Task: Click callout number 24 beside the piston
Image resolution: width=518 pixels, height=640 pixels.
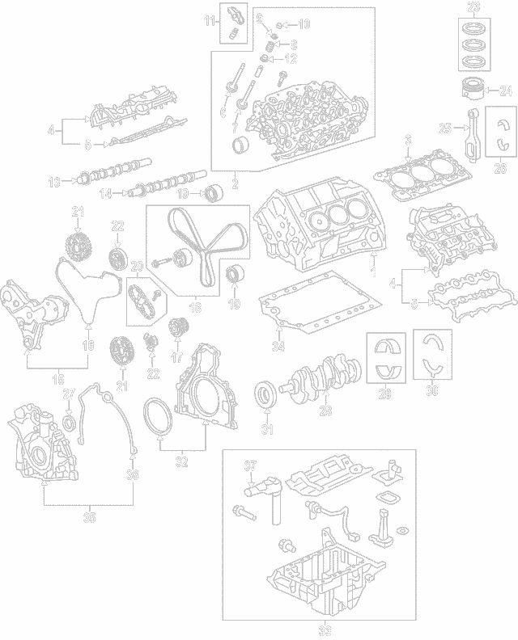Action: point(506,90)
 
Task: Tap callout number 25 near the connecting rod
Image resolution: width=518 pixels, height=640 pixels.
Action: point(444,128)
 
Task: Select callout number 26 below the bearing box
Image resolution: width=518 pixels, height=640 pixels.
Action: point(499,168)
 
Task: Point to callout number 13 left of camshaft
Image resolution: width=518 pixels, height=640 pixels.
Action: point(54,183)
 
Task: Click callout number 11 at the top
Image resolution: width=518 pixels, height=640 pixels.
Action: point(209,20)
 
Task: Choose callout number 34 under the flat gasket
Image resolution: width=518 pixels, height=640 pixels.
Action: point(278,347)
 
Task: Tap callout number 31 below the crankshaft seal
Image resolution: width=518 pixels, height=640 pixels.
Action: point(267,429)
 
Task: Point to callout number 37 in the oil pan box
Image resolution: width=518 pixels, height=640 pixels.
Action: point(250,465)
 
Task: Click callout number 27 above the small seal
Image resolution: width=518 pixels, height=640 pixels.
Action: point(69,394)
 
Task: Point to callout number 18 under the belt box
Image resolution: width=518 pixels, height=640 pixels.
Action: point(195,308)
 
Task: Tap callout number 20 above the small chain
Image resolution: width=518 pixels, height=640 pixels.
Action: point(136,267)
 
